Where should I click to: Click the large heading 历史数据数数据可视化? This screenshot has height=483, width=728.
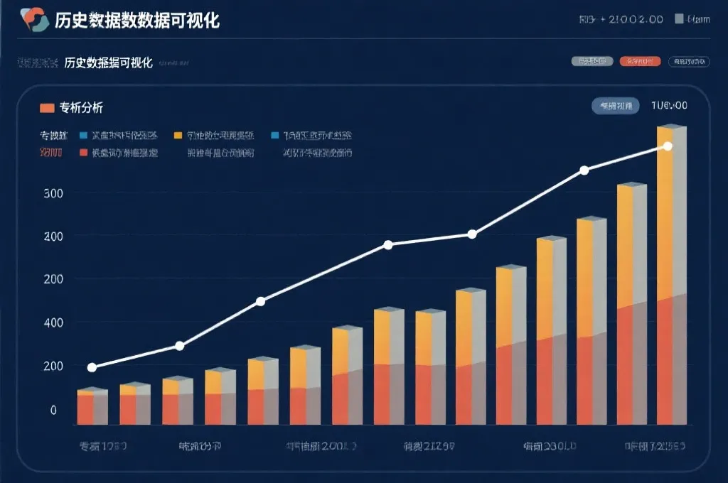137,21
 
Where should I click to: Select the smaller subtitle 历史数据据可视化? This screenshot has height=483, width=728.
108,63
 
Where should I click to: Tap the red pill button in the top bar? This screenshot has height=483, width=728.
641,62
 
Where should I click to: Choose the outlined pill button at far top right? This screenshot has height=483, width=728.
689,62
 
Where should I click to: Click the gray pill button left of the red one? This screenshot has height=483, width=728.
592,62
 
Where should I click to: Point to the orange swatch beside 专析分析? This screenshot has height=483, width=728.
47,108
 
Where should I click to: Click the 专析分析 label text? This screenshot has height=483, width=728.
81,108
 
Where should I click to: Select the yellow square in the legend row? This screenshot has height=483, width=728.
178,135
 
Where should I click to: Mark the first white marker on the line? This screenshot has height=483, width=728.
92,367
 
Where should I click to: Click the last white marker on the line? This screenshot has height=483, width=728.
667,146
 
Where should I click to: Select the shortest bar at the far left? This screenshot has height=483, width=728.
92,408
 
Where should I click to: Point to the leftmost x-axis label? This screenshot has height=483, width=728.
102,447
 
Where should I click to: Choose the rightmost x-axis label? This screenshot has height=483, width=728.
655,447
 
